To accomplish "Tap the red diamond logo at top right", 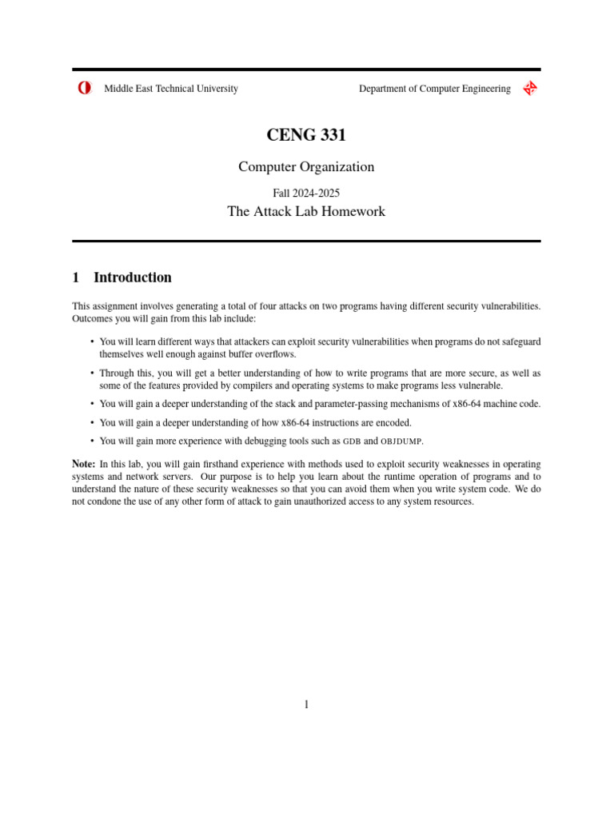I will point(529,89).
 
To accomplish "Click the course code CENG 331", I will point(306,136).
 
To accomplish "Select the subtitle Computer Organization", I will point(306,167).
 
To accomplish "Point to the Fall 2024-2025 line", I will point(306,193).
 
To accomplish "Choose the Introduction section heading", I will point(133,278).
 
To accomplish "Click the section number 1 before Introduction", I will point(76,278).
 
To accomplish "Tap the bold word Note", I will point(83,464).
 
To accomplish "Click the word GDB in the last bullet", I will point(352,441).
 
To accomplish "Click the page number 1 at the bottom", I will point(306,705).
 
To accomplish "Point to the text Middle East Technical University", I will point(171,89).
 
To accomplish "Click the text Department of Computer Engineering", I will point(434,89).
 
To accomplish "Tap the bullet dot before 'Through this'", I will point(93,373).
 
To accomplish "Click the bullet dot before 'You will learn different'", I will point(93,342).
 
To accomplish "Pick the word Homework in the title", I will point(353,212).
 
